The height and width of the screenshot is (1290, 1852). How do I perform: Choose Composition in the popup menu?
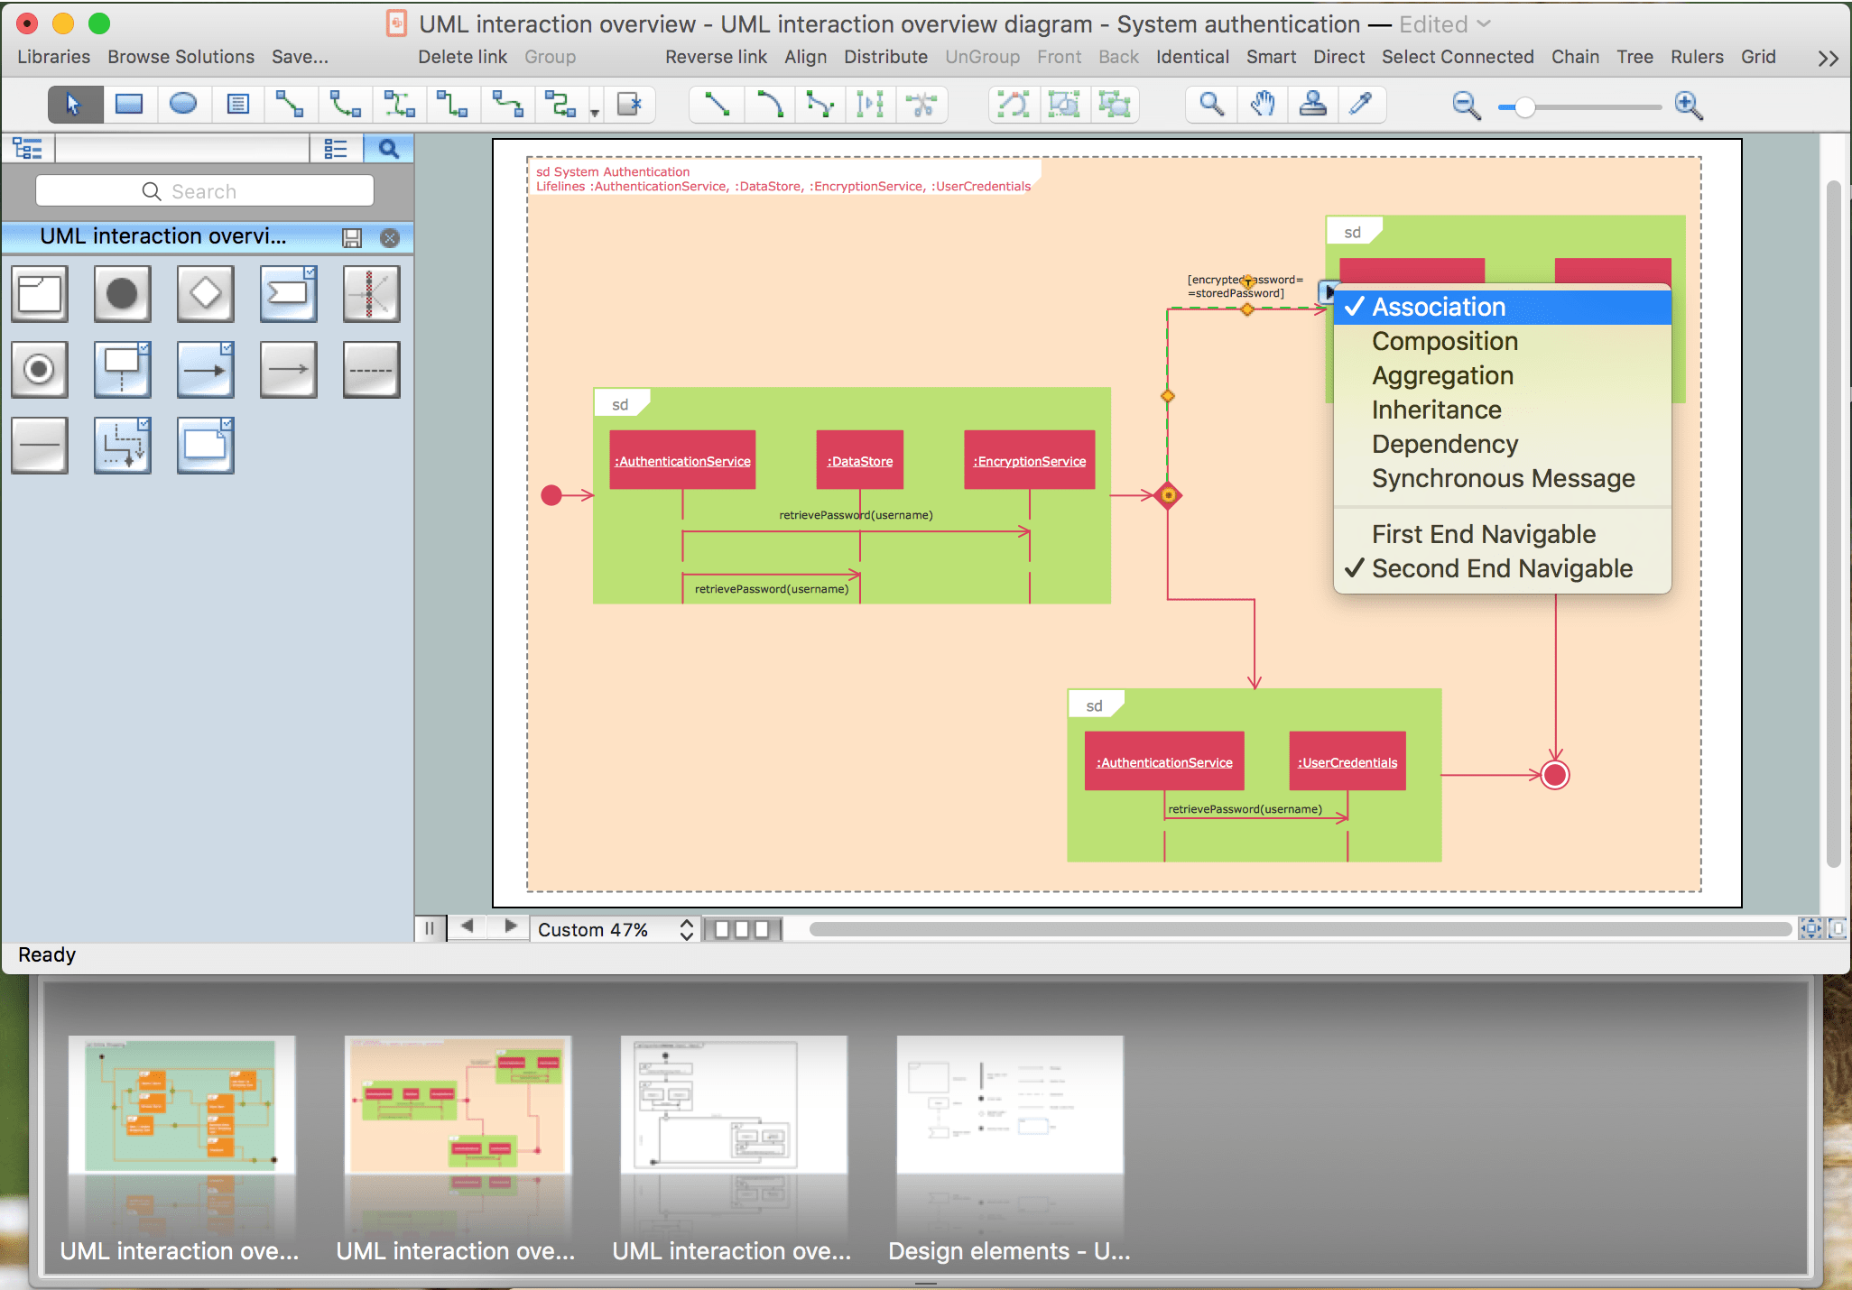click(1444, 342)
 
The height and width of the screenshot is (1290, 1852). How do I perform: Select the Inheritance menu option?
click(1436, 410)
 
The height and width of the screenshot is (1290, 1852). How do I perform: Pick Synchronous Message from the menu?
click(1503, 479)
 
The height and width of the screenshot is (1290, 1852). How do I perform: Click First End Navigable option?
click(1483, 535)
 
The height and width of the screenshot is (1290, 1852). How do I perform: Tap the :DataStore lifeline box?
click(859, 460)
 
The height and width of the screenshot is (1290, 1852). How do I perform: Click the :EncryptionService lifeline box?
click(1029, 460)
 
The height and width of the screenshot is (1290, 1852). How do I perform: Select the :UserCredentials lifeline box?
click(1347, 761)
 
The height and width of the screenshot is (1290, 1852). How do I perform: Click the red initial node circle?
click(551, 495)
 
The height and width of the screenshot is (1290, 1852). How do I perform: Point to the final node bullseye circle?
click(1555, 775)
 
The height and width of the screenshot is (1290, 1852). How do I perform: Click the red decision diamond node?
click(1168, 495)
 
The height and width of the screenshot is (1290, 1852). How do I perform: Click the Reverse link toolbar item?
click(716, 57)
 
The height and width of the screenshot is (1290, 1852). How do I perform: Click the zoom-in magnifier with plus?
click(1688, 106)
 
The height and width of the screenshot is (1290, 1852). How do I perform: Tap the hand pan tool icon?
click(1262, 105)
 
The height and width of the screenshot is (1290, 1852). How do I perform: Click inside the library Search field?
click(205, 191)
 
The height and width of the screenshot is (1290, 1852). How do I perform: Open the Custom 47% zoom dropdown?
click(615, 929)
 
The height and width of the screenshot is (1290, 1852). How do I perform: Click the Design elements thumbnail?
click(1009, 1105)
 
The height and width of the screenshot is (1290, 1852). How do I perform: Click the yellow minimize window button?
click(63, 23)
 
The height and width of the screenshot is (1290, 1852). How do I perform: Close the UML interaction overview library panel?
click(390, 238)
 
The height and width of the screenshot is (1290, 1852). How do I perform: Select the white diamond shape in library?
click(205, 293)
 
